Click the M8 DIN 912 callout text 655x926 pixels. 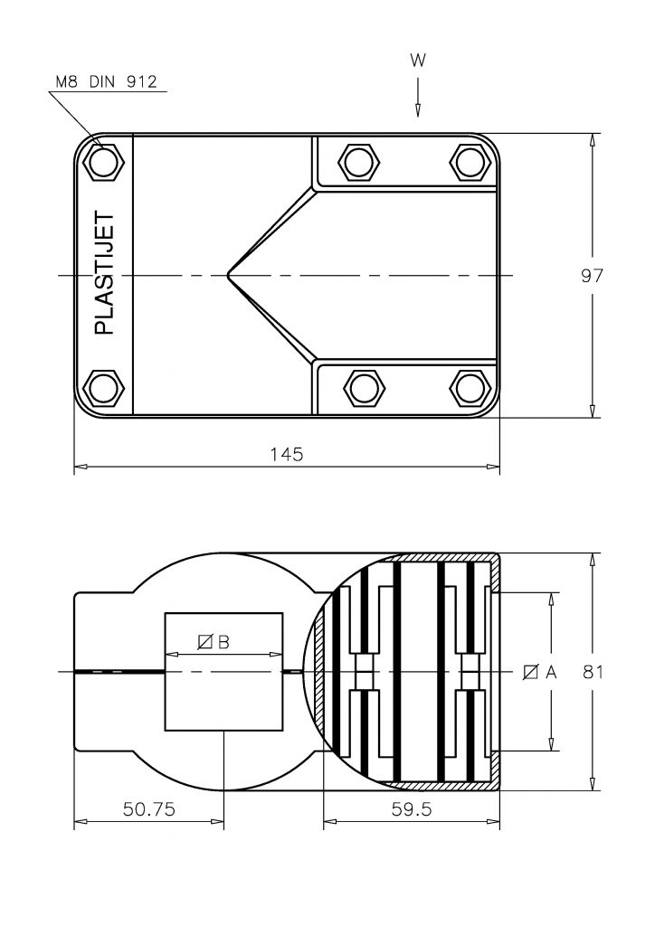click(x=107, y=81)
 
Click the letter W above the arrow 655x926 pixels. click(x=418, y=61)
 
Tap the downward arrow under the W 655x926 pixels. click(x=418, y=97)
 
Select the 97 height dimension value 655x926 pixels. click(x=591, y=275)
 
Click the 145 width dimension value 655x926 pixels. click(x=287, y=454)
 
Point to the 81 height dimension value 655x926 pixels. click(x=593, y=672)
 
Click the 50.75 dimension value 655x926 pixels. click(x=149, y=808)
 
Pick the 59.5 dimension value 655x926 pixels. click(x=411, y=808)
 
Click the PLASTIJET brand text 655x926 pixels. click(x=104, y=273)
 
